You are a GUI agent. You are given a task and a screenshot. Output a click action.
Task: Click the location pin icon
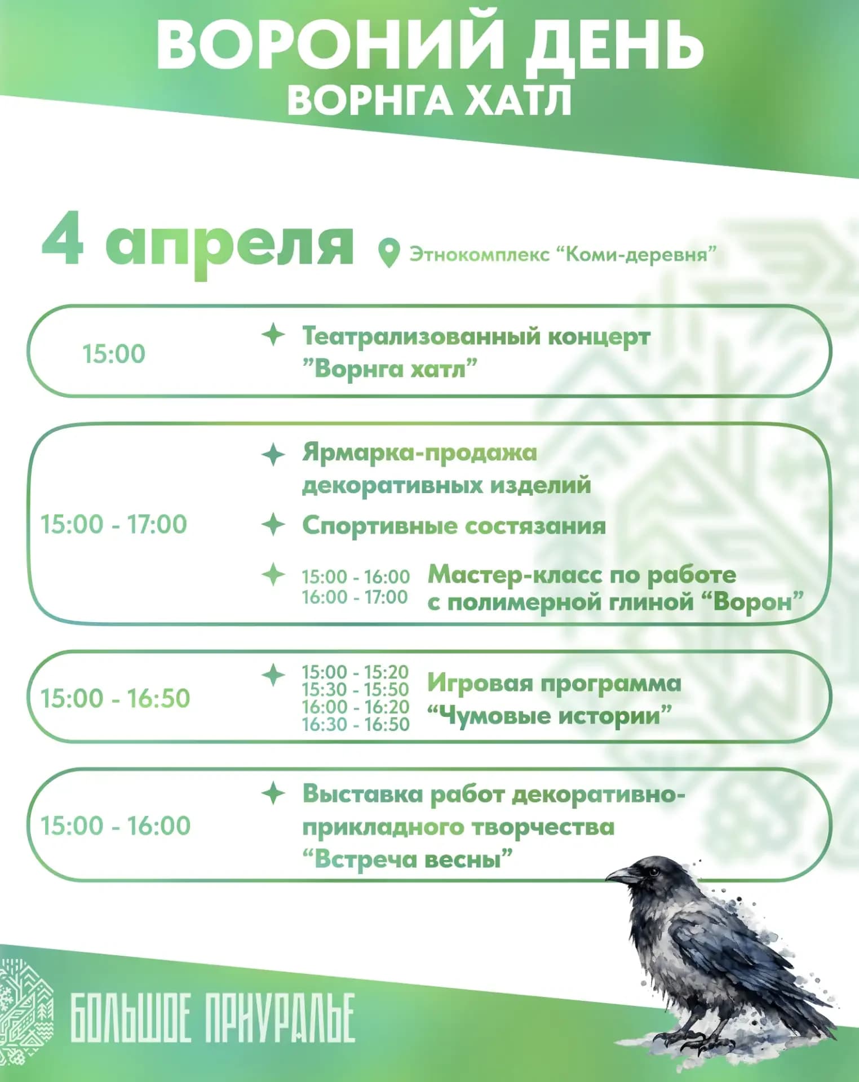(x=388, y=253)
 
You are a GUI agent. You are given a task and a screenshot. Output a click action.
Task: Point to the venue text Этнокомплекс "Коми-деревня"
(x=563, y=254)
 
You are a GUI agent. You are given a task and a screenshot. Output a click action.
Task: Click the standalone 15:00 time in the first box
(x=114, y=354)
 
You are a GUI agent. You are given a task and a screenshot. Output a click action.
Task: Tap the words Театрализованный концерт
(x=476, y=336)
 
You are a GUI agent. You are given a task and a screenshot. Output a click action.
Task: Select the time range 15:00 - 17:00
(x=114, y=525)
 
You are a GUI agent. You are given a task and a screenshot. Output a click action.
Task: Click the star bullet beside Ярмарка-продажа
(x=273, y=454)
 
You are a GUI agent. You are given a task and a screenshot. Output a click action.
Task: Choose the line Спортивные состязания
(x=454, y=526)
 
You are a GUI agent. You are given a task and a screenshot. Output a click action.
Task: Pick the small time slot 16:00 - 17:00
(x=355, y=597)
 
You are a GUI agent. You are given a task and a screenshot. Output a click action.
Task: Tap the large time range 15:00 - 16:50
(x=115, y=699)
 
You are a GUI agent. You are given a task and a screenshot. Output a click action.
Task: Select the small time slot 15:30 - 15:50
(x=355, y=689)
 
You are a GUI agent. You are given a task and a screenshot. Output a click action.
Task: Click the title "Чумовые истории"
(x=550, y=716)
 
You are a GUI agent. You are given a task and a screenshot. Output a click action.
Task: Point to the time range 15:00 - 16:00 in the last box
(x=116, y=826)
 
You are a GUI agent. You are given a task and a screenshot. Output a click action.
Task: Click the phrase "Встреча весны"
(x=408, y=860)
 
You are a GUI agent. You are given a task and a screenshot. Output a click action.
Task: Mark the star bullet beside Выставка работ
(x=273, y=793)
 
